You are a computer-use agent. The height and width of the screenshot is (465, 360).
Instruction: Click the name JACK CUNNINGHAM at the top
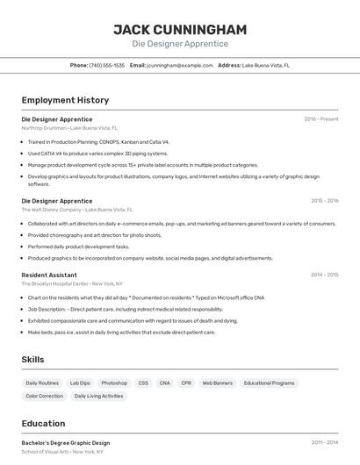(180, 29)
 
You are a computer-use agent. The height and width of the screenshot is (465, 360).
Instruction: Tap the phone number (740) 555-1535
(106, 65)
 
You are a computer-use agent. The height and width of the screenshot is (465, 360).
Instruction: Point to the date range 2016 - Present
(321, 119)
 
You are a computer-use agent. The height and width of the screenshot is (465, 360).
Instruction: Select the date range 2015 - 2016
(324, 201)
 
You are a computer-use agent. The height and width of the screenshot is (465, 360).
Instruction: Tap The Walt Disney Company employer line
(77, 210)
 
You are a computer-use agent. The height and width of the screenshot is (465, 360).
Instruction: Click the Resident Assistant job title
(49, 275)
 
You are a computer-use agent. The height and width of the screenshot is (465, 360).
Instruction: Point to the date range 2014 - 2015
(324, 275)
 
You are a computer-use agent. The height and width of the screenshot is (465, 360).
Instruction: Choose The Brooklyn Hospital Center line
(72, 283)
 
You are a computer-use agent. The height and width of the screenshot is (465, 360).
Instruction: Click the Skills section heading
(33, 360)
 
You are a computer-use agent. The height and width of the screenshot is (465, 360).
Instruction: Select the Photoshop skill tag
(114, 383)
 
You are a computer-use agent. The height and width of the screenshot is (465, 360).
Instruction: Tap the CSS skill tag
(143, 383)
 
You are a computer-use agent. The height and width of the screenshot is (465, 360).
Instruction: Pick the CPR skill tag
(186, 383)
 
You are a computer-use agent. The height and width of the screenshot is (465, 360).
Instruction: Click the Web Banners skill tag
(217, 383)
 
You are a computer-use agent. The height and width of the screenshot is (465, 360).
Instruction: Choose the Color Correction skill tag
(45, 397)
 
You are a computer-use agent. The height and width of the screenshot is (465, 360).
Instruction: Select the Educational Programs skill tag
(270, 383)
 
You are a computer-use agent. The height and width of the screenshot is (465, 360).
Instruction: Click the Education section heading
(43, 423)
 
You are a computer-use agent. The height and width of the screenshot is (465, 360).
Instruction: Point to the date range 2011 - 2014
(324, 443)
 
